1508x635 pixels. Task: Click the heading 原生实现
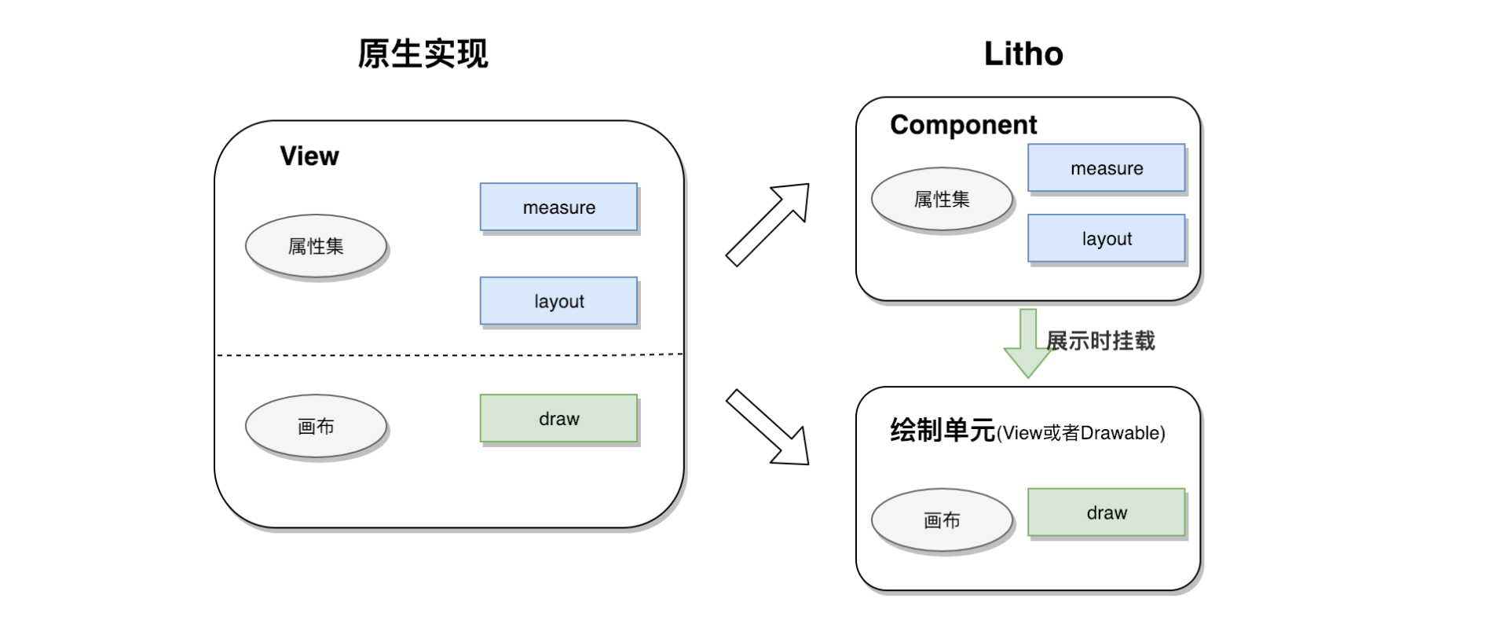tap(423, 54)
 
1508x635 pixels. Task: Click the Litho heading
tap(1023, 54)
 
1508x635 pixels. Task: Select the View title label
tap(309, 156)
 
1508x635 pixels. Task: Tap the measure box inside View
tap(558, 207)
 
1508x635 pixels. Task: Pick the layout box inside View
tap(558, 301)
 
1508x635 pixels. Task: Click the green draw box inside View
tap(558, 419)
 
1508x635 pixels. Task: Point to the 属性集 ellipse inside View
tap(316, 247)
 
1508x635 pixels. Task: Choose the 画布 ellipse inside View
tap(316, 427)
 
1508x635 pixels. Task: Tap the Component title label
tap(963, 125)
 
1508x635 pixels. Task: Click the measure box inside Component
tap(1106, 168)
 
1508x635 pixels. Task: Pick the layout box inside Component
tap(1106, 239)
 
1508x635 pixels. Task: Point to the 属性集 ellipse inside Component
tap(942, 200)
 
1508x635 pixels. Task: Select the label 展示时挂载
tap(1100, 341)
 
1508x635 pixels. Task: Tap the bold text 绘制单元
tap(942, 431)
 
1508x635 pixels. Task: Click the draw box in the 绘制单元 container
tap(1106, 513)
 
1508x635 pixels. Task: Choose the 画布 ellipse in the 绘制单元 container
tap(942, 520)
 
